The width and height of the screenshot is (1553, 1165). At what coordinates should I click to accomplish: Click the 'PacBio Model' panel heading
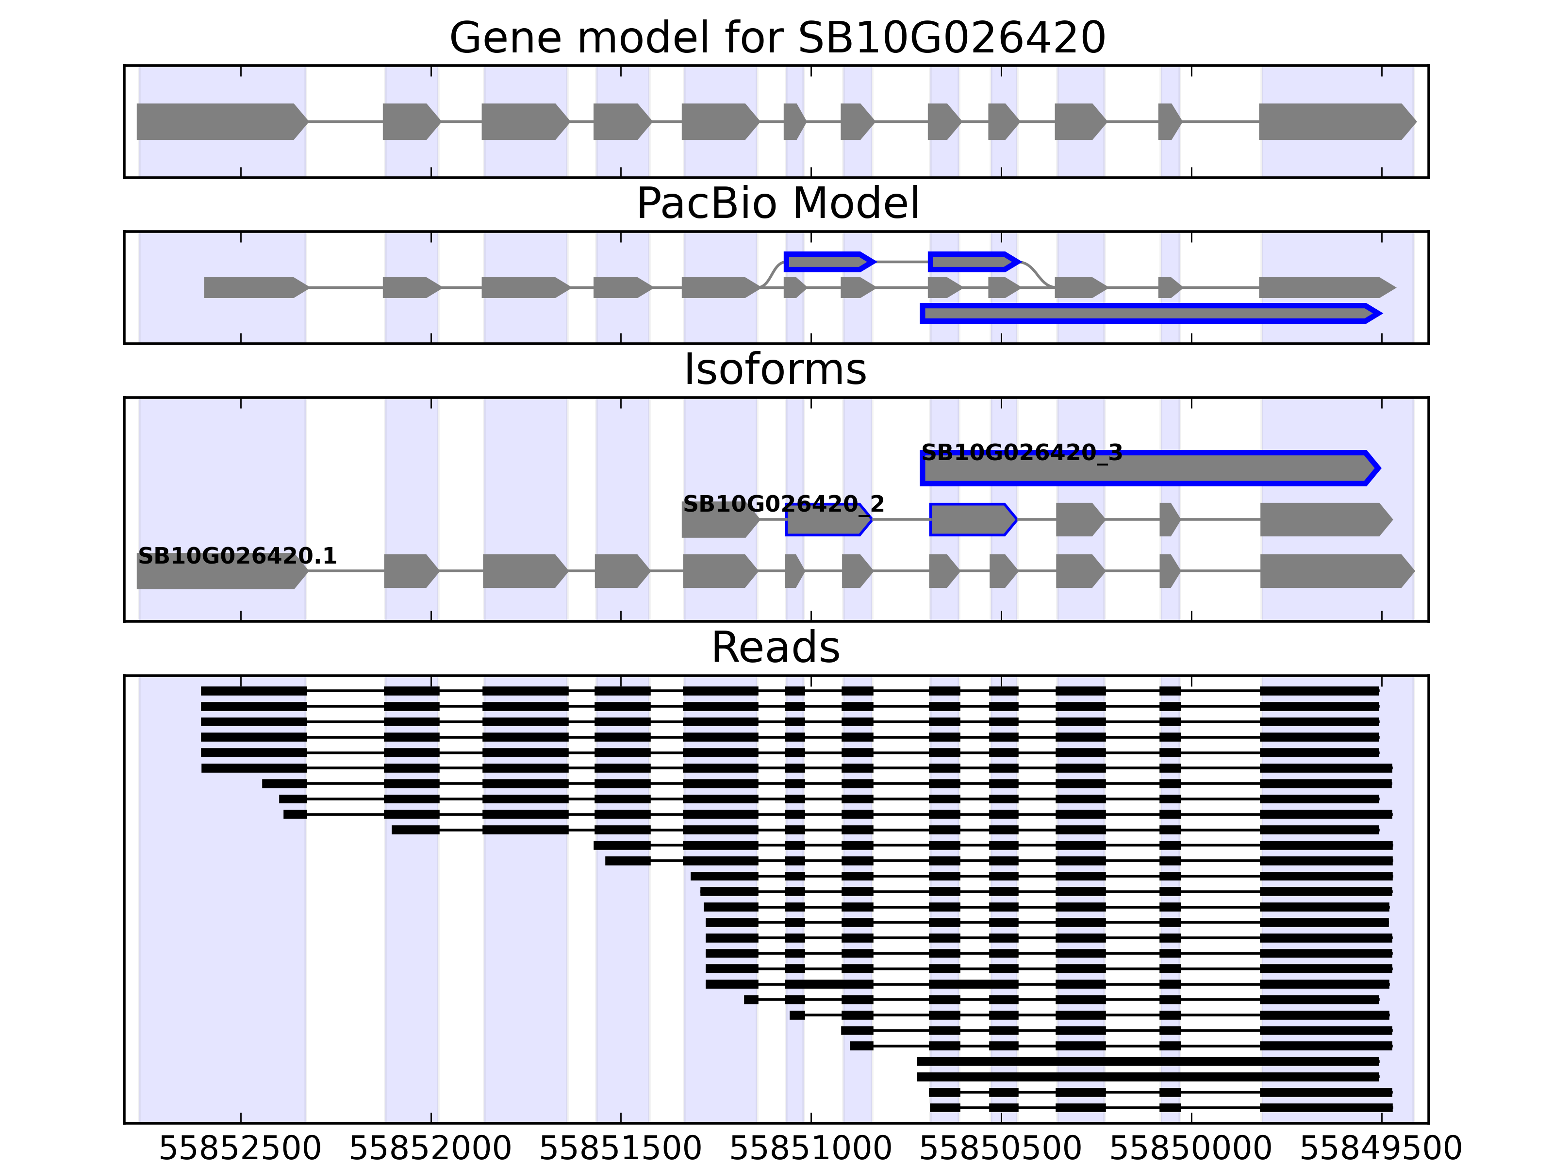pyautogui.click(x=777, y=204)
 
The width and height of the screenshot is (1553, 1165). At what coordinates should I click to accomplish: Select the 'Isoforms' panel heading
pyautogui.click(x=775, y=369)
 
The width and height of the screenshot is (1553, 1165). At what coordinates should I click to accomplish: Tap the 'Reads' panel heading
pyautogui.click(x=775, y=648)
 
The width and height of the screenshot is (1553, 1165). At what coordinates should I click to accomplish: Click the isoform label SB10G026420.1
pyautogui.click(x=237, y=556)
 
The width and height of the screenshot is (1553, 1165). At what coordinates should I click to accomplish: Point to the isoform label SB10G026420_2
pyautogui.click(x=783, y=504)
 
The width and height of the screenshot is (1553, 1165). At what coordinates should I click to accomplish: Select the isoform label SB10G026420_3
pyautogui.click(x=1022, y=452)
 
